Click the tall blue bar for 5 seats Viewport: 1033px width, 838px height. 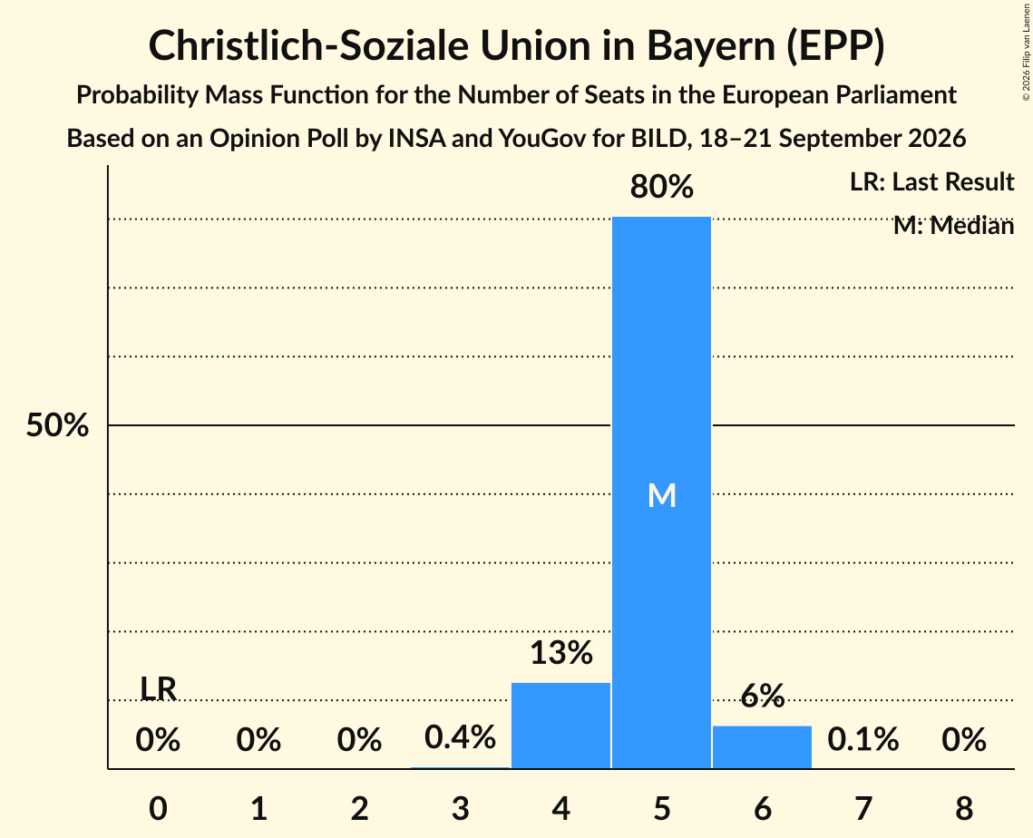661,492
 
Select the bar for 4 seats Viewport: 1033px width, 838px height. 560,726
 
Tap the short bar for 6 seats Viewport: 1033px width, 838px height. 762,747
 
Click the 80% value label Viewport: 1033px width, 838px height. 661,187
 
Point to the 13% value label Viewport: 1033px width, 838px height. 561,652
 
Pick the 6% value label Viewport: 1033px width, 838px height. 762,695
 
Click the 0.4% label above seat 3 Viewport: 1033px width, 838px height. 460,737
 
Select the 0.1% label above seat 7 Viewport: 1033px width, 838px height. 863,739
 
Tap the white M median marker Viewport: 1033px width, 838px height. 661,495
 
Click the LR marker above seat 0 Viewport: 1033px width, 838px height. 158,688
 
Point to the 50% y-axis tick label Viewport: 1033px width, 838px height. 57,425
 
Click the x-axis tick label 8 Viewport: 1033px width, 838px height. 964,808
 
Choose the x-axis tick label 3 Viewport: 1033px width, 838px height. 460,808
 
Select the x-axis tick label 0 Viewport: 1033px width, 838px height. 158,808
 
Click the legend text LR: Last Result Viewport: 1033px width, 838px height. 931,181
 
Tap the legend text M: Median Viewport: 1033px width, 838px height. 953,226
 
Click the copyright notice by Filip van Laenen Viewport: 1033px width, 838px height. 1027,52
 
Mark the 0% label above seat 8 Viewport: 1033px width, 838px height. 964,739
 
